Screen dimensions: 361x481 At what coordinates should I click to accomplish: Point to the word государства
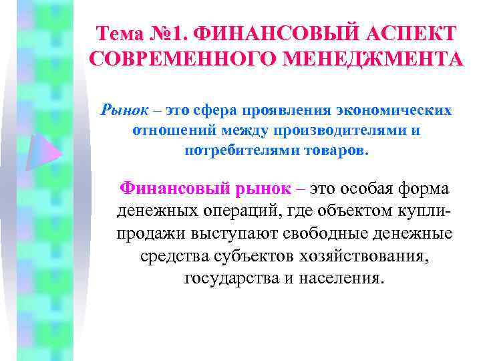(x=230, y=278)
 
